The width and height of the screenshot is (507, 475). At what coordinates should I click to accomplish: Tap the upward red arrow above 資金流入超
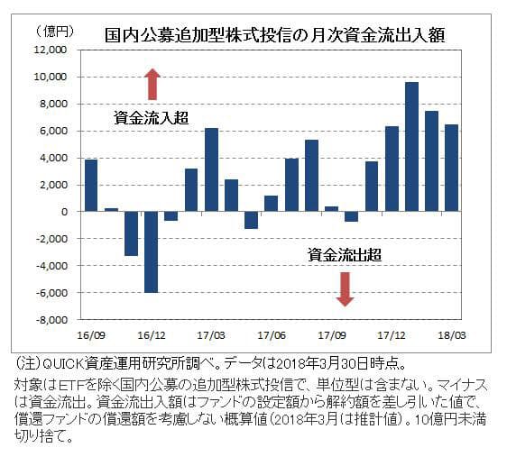click(152, 84)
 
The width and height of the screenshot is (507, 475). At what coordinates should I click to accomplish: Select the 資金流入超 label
click(144, 117)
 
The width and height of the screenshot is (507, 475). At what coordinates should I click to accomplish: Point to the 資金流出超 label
click(344, 255)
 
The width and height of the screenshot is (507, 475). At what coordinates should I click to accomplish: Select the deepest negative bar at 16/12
click(151, 251)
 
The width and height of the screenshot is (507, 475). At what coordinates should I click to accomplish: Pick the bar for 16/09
click(90, 186)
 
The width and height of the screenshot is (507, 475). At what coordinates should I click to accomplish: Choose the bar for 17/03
click(211, 169)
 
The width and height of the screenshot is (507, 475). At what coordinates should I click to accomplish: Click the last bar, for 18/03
click(452, 168)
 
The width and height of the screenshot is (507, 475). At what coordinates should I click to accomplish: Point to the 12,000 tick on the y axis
click(53, 50)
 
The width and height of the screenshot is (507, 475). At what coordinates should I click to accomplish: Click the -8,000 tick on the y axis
click(53, 319)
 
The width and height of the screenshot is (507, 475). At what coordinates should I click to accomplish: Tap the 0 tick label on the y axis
click(67, 212)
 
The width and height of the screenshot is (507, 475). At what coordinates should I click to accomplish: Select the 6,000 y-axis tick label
click(56, 132)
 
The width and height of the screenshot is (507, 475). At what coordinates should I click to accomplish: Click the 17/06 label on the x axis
click(272, 333)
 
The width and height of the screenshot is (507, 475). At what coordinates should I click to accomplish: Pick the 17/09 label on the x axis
click(332, 333)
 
